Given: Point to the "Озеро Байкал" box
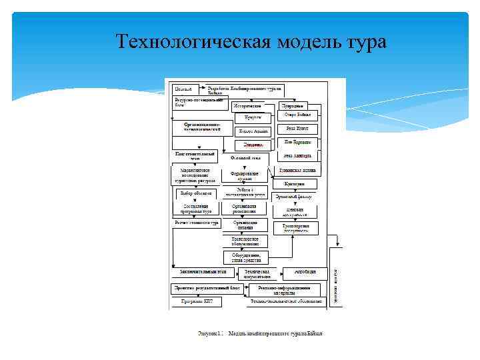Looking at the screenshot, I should click(x=297, y=115).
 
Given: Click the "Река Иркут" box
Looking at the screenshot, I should click(x=297, y=129).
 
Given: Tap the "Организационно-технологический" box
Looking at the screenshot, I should click(x=203, y=127).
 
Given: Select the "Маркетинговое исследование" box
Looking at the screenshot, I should click(x=193, y=175).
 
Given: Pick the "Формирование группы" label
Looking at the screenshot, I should click(x=245, y=175).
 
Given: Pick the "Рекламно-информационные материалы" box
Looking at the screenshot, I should click(x=285, y=289).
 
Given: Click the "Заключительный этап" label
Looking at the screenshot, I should click(x=203, y=272).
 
